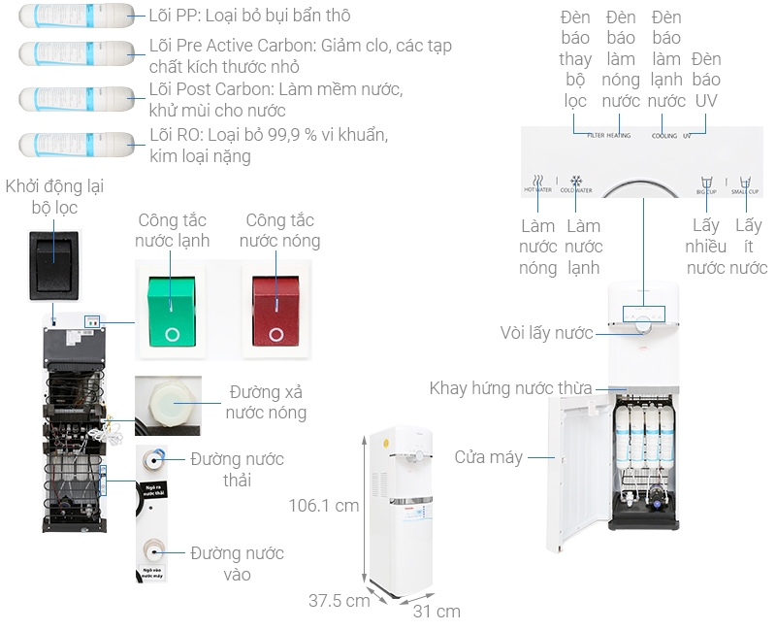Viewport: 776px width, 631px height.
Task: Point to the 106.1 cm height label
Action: pyautogui.click(x=324, y=505)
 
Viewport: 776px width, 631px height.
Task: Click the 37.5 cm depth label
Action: pyautogui.click(x=339, y=600)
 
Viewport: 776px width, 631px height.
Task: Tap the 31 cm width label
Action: pyautogui.click(x=436, y=611)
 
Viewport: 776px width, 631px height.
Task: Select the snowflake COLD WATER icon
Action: pyautogui.click(x=575, y=183)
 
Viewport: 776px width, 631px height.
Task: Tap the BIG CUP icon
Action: pyautogui.click(x=706, y=183)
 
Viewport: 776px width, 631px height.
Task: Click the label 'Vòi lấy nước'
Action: pyautogui.click(x=546, y=333)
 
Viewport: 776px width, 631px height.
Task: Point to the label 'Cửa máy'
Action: pyautogui.click(x=488, y=456)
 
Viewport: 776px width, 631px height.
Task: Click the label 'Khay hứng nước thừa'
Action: pyautogui.click(x=510, y=388)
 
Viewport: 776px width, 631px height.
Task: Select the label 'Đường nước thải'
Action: pyautogui.click(x=237, y=469)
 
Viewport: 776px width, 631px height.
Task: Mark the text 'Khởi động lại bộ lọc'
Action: pyautogui.click(x=54, y=196)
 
